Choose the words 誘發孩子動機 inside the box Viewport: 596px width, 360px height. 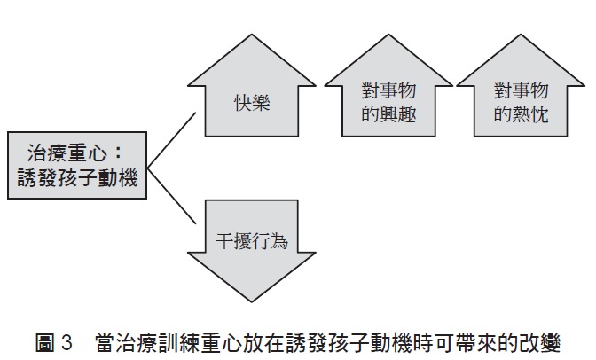(76, 178)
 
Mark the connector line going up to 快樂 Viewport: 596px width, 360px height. (173, 139)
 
